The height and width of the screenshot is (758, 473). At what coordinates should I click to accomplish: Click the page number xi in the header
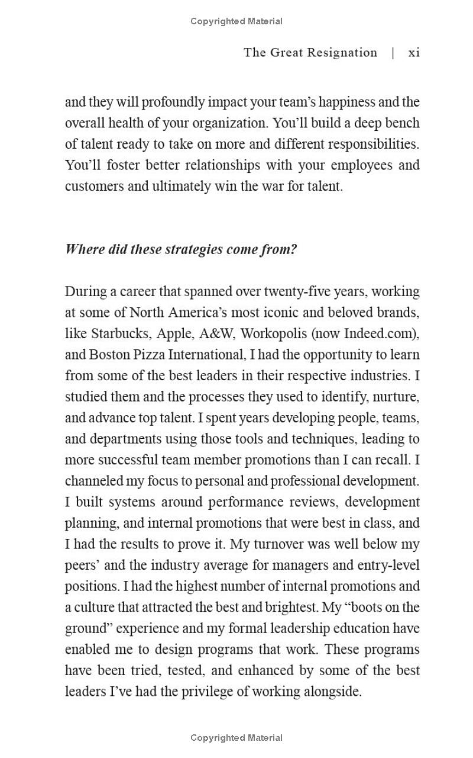pyautogui.click(x=414, y=53)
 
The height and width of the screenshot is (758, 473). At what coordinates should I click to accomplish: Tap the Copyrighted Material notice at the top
pyautogui.click(x=237, y=21)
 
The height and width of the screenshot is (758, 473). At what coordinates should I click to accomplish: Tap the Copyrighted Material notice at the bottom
pyautogui.click(x=237, y=738)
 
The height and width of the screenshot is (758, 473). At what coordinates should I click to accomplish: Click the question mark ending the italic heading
pyautogui.click(x=294, y=249)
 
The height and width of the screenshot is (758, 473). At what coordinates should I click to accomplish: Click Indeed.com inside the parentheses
pyautogui.click(x=379, y=333)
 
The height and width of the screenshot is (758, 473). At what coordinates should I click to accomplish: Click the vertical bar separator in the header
pyautogui.click(x=393, y=53)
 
